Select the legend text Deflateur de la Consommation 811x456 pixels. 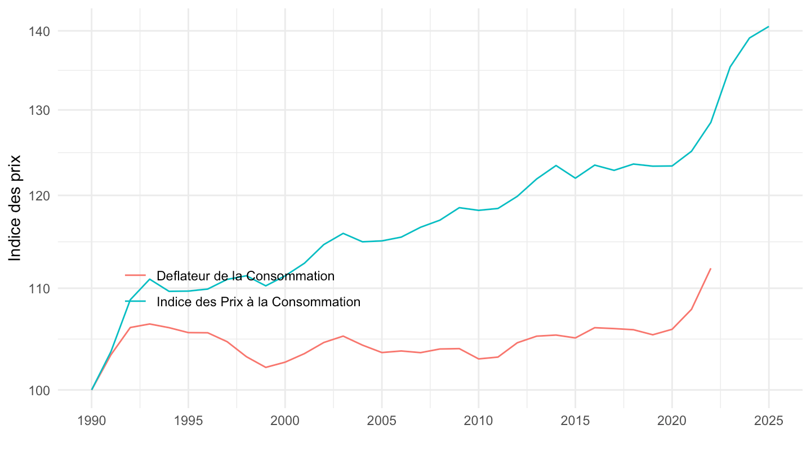click(246, 276)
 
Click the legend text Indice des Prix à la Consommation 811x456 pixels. click(259, 302)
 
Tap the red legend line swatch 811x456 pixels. click(135, 275)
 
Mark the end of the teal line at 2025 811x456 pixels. click(769, 26)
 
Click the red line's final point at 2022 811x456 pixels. click(711, 269)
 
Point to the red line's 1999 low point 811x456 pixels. click(266, 368)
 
